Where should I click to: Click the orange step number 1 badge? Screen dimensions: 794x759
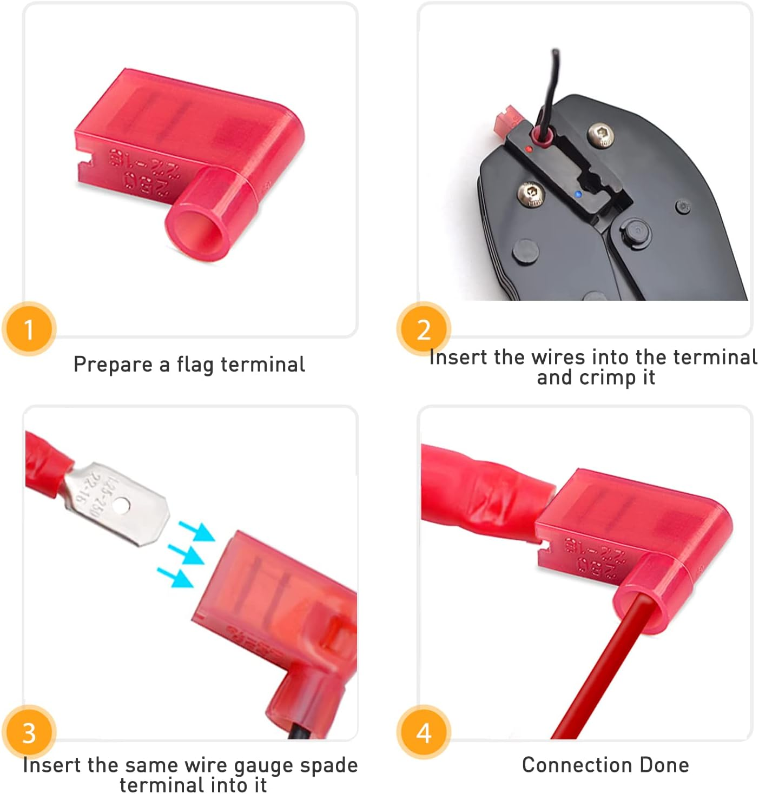(29, 329)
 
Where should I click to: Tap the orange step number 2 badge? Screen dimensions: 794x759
(424, 329)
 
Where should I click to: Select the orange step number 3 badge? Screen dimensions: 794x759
(29, 732)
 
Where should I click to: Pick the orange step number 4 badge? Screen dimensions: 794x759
(424, 732)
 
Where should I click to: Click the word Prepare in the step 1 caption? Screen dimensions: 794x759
(113, 365)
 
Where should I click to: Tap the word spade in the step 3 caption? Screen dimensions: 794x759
(328, 765)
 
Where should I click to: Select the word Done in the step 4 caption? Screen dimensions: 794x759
(664, 765)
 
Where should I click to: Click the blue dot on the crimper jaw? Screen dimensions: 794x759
(578, 194)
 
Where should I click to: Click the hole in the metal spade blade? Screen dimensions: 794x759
(122, 506)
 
